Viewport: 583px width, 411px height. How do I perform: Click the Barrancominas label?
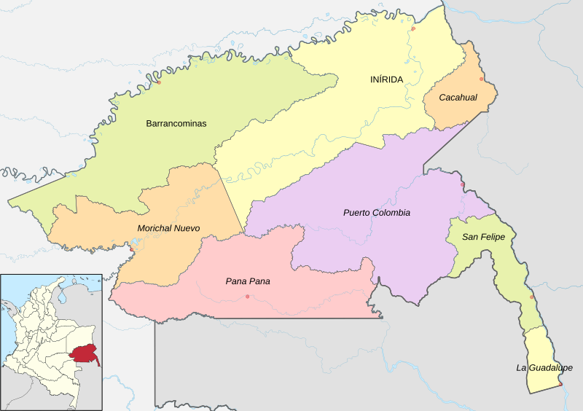click(x=176, y=124)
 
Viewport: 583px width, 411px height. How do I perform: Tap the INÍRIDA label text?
click(x=386, y=79)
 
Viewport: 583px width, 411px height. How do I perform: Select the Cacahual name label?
click(x=458, y=98)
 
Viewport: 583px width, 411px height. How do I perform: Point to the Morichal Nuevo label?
click(x=168, y=229)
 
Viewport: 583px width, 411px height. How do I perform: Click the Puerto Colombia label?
click(x=376, y=213)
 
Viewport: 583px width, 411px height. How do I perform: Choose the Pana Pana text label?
click(x=248, y=281)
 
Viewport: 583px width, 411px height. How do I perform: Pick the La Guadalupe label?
click(x=544, y=368)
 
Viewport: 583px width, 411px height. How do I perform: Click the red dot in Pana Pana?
click(x=248, y=296)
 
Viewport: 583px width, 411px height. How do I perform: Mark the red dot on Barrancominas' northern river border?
click(x=158, y=82)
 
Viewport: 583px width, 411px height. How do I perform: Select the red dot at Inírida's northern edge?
click(x=412, y=29)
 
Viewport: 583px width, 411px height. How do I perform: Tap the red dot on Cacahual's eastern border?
click(x=481, y=79)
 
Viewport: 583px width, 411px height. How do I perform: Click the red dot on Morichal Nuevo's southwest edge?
click(x=131, y=251)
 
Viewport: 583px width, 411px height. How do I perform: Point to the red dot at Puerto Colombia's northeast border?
click(x=462, y=184)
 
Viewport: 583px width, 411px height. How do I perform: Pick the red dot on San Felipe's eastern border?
click(x=532, y=297)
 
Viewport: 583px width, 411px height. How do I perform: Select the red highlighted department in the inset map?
click(x=85, y=354)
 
